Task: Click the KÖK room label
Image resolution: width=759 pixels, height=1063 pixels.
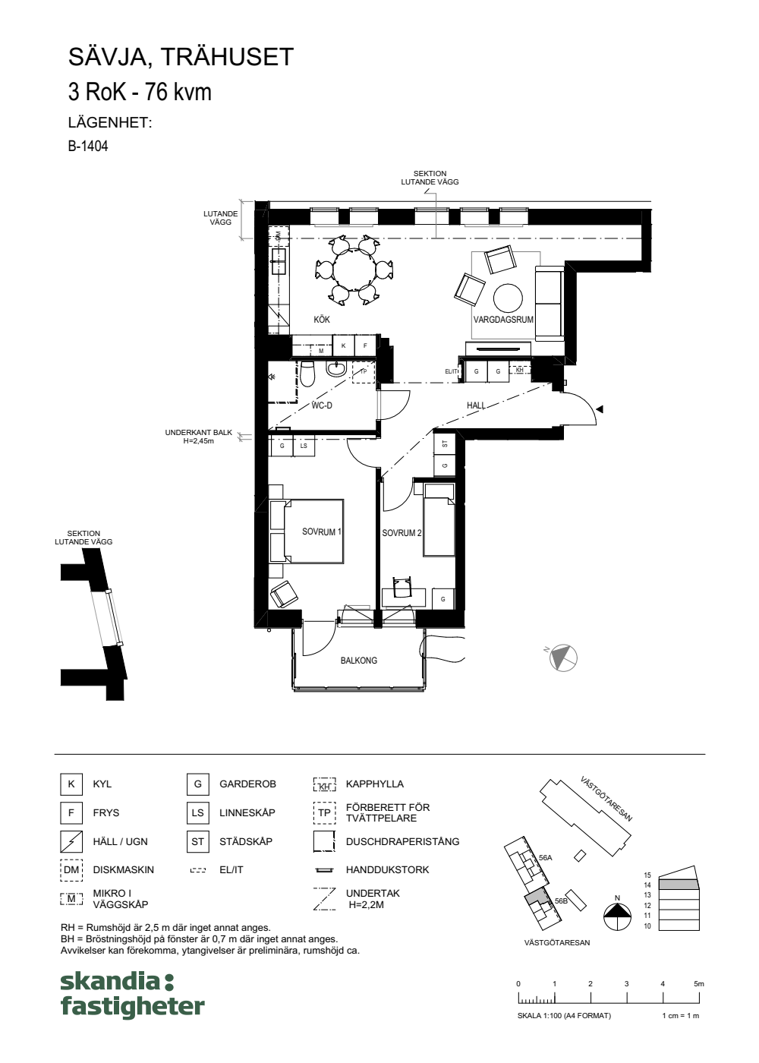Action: click(322, 320)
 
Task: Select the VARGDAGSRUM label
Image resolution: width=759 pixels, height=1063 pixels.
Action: click(503, 320)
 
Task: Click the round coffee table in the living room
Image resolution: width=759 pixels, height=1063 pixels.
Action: click(508, 298)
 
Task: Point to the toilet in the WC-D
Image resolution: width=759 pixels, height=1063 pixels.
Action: click(307, 373)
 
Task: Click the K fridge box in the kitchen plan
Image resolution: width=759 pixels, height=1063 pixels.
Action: click(343, 346)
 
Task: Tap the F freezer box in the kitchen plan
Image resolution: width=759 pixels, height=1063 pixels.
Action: click(365, 346)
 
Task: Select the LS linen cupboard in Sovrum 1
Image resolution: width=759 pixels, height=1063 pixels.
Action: click(304, 446)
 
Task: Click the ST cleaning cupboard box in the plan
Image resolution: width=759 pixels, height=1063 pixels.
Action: click(445, 444)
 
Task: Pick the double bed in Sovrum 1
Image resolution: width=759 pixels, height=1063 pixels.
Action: click(306, 531)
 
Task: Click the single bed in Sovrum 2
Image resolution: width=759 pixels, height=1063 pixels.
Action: click(439, 519)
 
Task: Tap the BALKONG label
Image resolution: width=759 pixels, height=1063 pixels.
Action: click(358, 661)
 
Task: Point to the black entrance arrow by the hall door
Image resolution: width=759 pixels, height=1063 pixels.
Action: click(600, 409)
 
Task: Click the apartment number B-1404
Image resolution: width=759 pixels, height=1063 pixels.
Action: click(88, 146)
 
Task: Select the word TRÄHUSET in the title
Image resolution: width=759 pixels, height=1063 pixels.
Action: click(227, 57)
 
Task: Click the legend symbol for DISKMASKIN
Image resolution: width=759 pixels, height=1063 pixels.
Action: click(71, 870)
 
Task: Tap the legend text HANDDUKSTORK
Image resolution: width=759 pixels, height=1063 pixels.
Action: click(387, 870)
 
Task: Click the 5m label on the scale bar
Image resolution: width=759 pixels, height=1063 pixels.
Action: click(699, 984)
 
